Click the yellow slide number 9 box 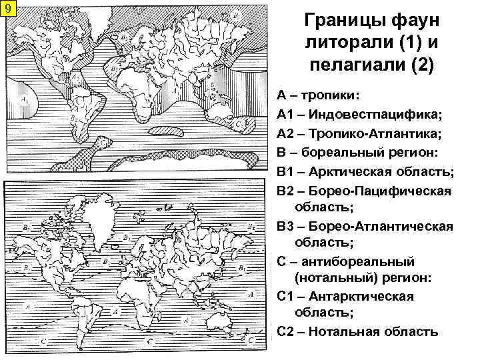pos(7,9)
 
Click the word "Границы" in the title pos(341,21)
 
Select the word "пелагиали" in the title pos(353,65)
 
